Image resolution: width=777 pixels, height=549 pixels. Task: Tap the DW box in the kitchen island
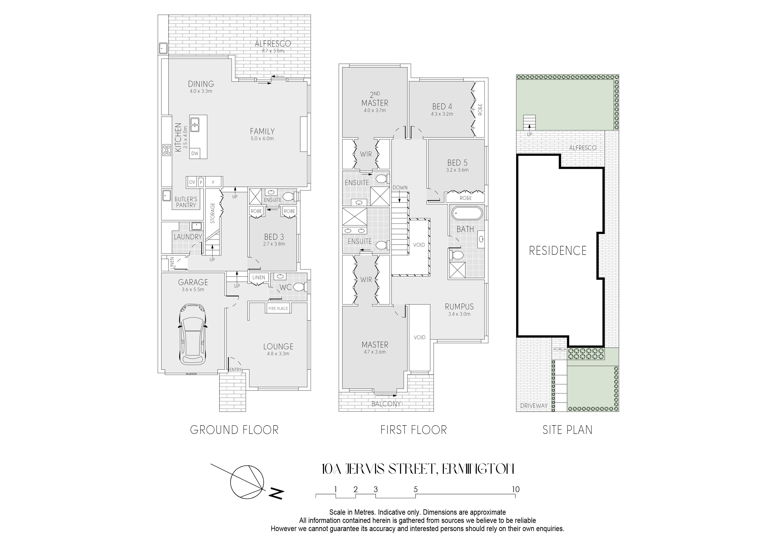click(x=195, y=153)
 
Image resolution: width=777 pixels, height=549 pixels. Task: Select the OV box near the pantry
click(x=192, y=182)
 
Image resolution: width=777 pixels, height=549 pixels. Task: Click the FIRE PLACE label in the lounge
click(x=278, y=309)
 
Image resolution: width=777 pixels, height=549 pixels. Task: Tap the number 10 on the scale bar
click(x=515, y=489)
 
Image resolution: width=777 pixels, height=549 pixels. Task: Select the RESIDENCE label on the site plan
click(x=558, y=251)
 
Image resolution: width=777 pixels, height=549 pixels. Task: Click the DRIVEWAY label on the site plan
click(x=534, y=406)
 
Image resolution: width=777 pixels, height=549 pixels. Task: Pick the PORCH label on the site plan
click(x=559, y=349)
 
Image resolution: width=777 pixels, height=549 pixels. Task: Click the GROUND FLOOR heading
click(x=234, y=430)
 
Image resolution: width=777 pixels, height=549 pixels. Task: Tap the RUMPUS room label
click(x=459, y=306)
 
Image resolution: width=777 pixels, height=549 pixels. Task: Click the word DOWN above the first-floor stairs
click(x=400, y=188)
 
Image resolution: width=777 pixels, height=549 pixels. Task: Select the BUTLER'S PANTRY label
click(x=186, y=202)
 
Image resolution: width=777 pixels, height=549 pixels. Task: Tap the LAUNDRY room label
click(x=188, y=237)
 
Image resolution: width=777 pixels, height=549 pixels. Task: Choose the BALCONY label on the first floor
click(x=386, y=404)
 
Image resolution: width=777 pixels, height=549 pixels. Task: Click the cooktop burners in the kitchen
click(x=167, y=150)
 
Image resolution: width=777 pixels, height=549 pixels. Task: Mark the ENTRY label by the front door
click(x=235, y=370)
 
